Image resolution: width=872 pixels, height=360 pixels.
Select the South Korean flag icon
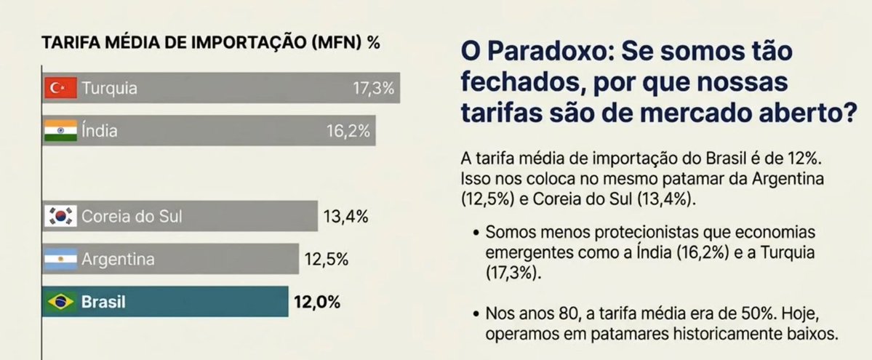[x=60, y=216]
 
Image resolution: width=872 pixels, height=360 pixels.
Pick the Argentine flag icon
[x=60, y=259]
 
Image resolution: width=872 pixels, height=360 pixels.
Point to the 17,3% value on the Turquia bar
[x=372, y=89]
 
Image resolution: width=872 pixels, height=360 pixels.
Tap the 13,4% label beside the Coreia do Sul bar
[x=344, y=216]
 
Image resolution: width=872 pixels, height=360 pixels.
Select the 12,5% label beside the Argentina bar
[x=325, y=259]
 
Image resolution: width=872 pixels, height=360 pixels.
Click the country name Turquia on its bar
[x=109, y=89]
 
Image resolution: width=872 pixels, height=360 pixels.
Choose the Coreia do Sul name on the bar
[x=132, y=216]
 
